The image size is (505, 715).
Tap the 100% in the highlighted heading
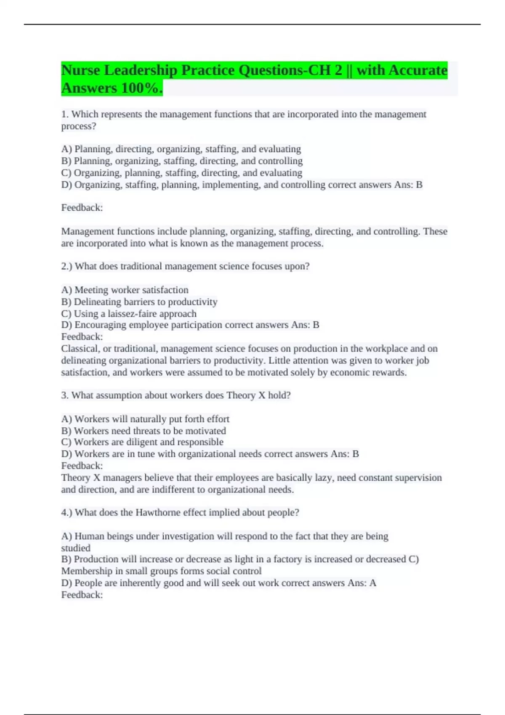point(141,88)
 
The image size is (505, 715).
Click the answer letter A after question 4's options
point(372,583)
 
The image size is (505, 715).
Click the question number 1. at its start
point(65,114)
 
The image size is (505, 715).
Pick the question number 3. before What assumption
point(65,395)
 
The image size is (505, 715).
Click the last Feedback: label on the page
point(82,595)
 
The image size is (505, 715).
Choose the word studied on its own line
point(76,548)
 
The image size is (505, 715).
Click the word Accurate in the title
point(418,70)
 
